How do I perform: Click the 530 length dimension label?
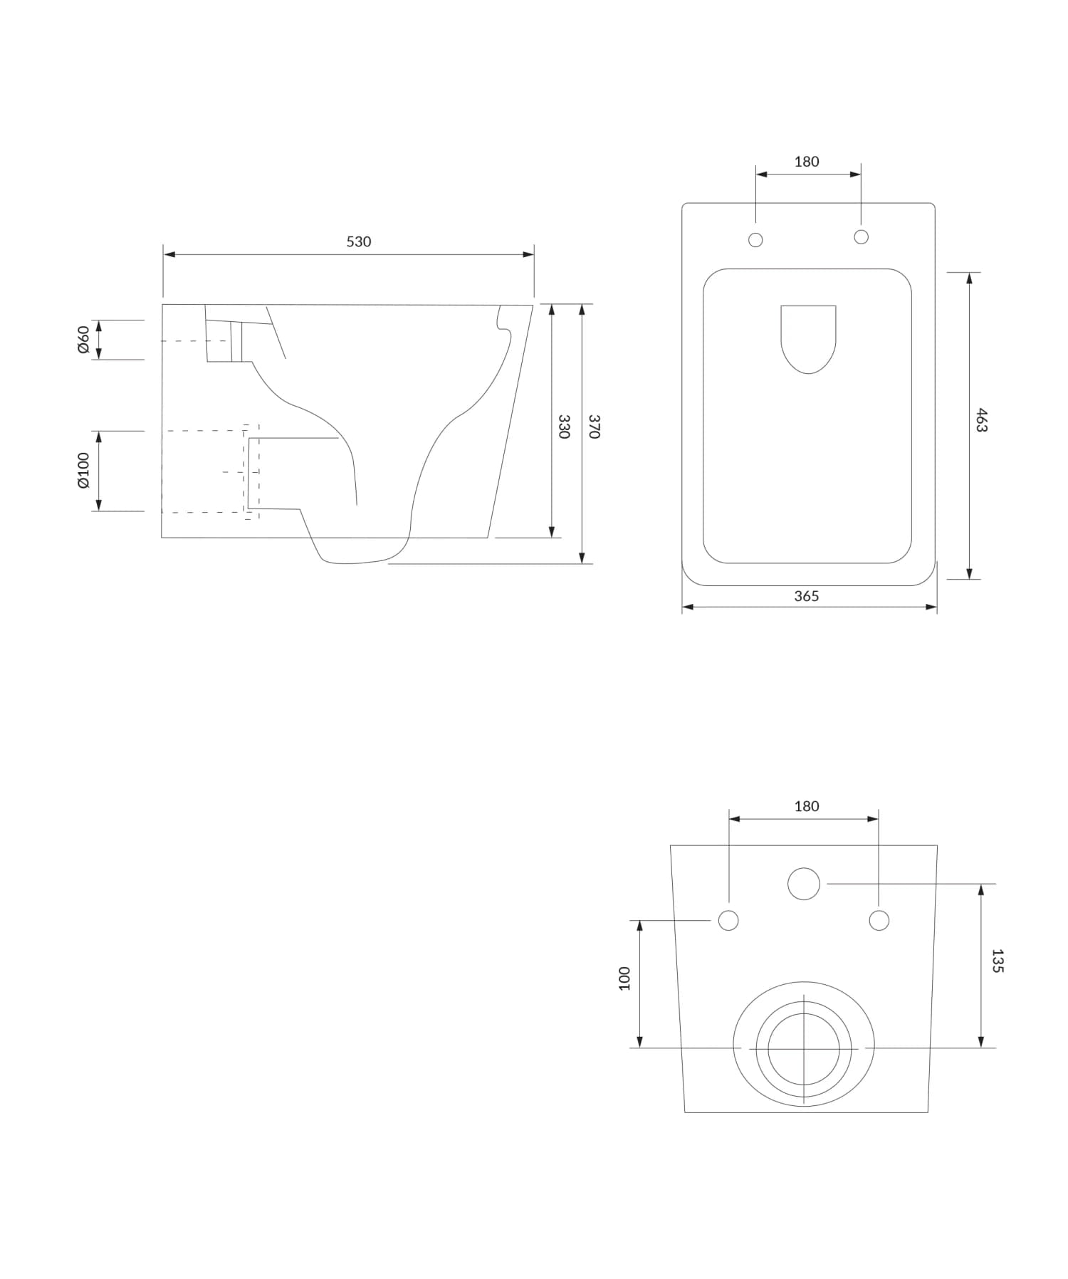point(359,241)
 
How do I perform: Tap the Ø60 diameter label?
point(83,339)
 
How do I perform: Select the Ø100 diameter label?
point(83,470)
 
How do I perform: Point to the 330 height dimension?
point(564,426)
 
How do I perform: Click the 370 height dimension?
point(595,426)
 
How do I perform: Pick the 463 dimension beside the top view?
point(982,420)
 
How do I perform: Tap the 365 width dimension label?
point(807,596)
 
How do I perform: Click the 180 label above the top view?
point(807,162)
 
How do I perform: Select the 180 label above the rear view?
point(807,806)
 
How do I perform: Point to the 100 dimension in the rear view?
point(624,978)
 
